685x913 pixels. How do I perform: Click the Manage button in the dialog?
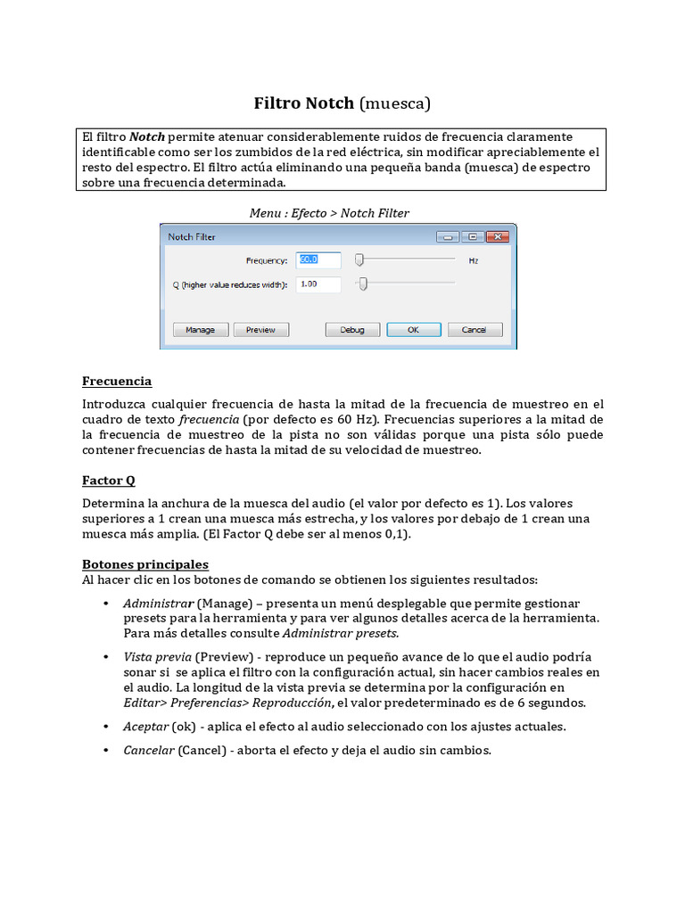coord(200,329)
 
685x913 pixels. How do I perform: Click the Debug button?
coord(351,329)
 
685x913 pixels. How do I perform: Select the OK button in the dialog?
coord(412,329)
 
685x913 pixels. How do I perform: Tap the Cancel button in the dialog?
coord(474,329)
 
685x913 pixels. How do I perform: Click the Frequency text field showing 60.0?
coord(318,260)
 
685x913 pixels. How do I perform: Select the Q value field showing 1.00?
coord(318,284)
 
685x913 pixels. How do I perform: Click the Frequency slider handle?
coord(359,260)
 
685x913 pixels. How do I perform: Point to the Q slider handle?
coord(363,284)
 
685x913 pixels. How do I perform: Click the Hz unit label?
coord(474,261)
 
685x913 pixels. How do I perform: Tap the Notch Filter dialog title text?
coord(192,237)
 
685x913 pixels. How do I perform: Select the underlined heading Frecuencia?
coord(117,382)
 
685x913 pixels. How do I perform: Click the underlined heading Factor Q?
coord(109,481)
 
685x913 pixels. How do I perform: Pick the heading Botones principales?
coord(144,564)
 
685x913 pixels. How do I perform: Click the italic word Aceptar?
coord(145,727)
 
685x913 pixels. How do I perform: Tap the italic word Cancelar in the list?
coord(148,751)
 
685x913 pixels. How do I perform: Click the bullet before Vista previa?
coord(107,657)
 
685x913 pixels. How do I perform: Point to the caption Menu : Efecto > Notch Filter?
coord(329,213)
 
